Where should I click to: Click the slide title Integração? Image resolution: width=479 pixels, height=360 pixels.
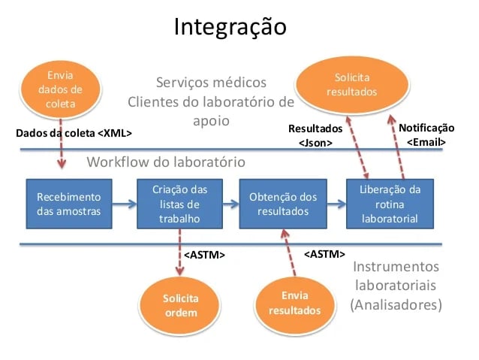230,28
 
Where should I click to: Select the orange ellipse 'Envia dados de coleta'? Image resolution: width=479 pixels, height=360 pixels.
61,90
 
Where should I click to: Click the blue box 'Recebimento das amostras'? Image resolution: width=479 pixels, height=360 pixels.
68,204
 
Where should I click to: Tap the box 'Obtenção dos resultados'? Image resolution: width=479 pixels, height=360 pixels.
279,204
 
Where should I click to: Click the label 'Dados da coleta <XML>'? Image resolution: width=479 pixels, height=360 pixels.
74,134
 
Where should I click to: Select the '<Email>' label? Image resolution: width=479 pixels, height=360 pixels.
426,142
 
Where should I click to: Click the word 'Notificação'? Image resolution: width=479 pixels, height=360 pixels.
426,128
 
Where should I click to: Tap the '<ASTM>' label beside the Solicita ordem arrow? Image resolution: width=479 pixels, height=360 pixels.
205,256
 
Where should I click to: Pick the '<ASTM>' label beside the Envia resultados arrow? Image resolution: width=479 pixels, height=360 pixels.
324,254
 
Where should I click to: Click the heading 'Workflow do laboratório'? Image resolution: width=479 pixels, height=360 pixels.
165,162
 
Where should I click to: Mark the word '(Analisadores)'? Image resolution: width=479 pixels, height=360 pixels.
396,305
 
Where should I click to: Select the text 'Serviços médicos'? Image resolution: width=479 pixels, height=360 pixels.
210,82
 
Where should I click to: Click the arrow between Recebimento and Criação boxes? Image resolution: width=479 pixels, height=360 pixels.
124,204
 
